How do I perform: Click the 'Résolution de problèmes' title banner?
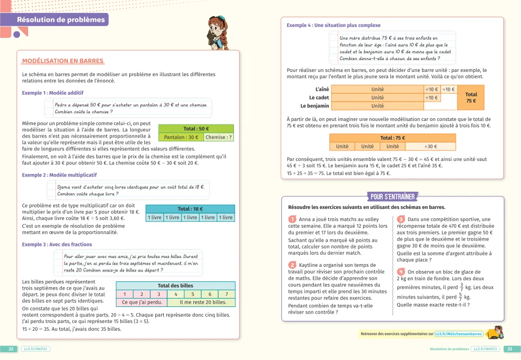(61, 20)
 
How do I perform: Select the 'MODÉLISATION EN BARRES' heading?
(63, 61)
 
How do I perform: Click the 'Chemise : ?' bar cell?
(218, 138)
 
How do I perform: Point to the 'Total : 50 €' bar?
(196, 129)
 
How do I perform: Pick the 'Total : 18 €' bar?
(190, 209)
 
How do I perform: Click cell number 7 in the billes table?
(227, 294)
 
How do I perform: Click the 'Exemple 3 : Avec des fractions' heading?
(57, 245)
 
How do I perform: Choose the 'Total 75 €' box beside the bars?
(471, 97)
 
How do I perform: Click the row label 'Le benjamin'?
(316, 106)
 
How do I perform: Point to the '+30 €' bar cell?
(430, 146)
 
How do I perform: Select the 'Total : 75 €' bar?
(393, 138)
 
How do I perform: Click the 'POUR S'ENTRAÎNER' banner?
(392, 196)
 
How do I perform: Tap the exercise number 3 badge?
(401, 219)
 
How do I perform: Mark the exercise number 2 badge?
(292, 265)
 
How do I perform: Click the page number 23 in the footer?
(510, 349)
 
